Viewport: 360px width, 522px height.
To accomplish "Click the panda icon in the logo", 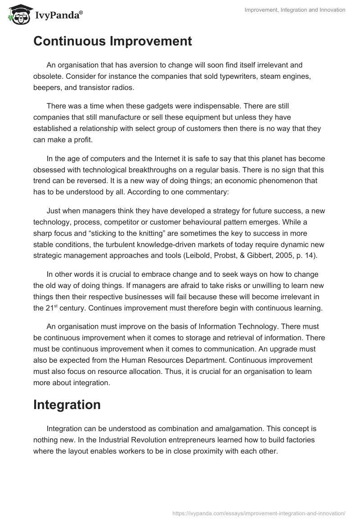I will [18, 14].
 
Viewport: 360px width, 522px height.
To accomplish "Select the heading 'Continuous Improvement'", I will [112, 41].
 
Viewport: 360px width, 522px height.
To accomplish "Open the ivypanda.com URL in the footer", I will [258, 513].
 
